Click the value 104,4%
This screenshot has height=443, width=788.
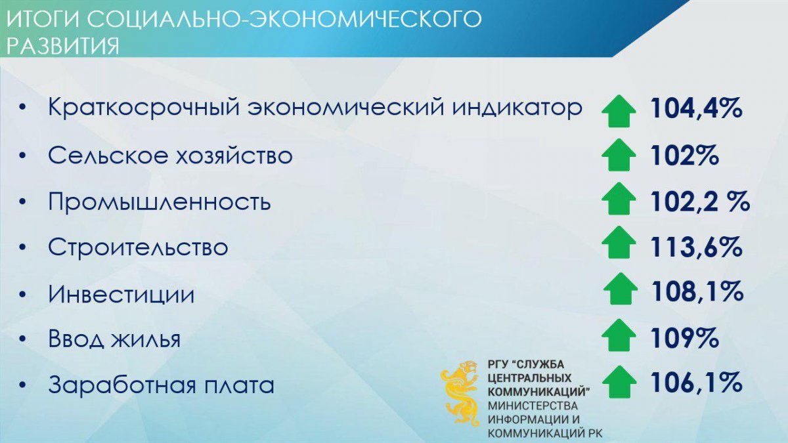(x=697, y=108)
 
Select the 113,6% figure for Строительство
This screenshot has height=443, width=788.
(x=697, y=247)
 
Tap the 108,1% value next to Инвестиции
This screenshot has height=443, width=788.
(x=697, y=291)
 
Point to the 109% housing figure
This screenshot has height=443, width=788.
(x=684, y=338)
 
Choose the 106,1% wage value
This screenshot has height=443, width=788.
(x=697, y=383)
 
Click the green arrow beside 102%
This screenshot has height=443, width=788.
(x=619, y=155)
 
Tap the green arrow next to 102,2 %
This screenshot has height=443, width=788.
(x=619, y=199)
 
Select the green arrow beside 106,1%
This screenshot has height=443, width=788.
(x=619, y=382)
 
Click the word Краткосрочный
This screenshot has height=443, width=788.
(x=142, y=107)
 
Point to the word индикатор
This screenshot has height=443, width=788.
(x=517, y=108)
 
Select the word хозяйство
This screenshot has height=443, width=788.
(x=234, y=155)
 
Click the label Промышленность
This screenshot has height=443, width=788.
(x=160, y=202)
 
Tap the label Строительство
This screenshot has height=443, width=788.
(x=138, y=247)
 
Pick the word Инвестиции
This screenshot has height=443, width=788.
(x=121, y=293)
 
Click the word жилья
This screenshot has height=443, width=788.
(x=145, y=339)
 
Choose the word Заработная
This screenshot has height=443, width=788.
(x=121, y=385)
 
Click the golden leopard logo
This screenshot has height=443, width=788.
(x=460, y=392)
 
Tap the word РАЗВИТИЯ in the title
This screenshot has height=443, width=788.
(x=63, y=46)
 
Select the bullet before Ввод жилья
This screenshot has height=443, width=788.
(x=23, y=340)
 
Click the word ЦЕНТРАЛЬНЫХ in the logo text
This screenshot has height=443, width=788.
(x=530, y=378)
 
